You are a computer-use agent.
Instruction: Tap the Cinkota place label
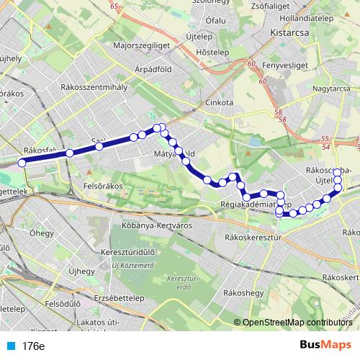pyautogui.click(x=219, y=102)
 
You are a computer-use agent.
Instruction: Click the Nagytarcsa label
pyautogui.click(x=332, y=88)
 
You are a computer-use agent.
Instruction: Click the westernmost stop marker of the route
pyautogui.click(x=22, y=163)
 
